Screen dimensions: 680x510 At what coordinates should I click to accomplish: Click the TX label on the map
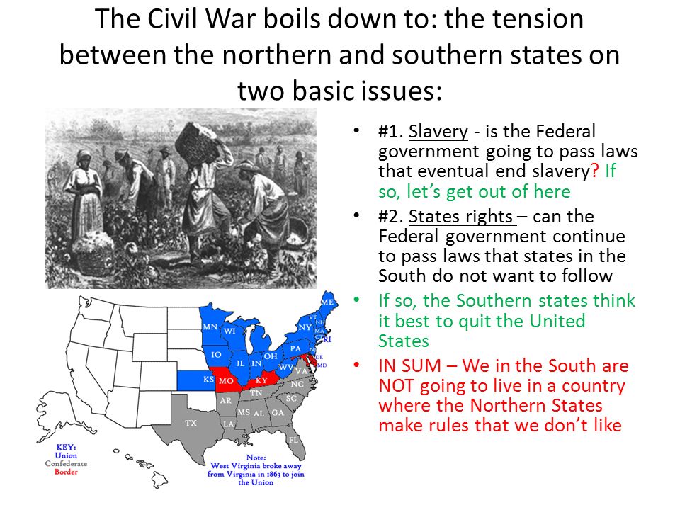click(191, 423)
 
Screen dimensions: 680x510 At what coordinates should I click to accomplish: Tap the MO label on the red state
click(226, 381)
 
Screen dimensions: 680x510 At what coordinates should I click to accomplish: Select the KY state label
click(261, 380)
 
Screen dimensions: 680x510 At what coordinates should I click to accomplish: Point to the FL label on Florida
click(293, 440)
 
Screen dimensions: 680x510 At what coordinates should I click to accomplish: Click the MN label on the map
click(210, 327)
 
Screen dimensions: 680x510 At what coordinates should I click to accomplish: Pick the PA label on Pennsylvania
click(295, 348)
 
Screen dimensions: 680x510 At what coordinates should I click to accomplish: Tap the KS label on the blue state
click(208, 380)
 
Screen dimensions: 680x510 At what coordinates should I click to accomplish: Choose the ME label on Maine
click(327, 302)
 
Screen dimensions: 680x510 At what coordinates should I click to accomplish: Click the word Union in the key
click(66, 455)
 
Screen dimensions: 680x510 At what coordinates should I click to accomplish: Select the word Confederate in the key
click(66, 463)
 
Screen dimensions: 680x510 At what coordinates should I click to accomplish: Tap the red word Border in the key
click(66, 472)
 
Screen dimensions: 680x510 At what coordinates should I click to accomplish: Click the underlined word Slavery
click(438, 132)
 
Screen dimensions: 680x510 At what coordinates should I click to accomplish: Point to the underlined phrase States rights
click(461, 216)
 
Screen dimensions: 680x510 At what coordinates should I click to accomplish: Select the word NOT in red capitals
click(396, 385)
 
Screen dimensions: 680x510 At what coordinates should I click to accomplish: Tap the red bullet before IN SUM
click(356, 365)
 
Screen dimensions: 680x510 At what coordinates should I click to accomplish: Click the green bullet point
click(356, 300)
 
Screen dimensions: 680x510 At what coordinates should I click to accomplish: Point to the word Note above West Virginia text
click(256, 458)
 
